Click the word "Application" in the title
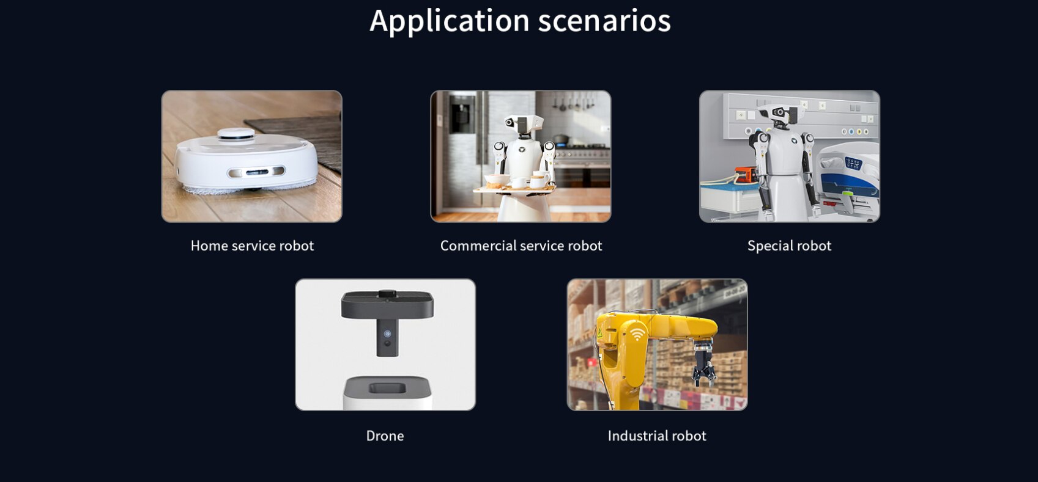click(x=450, y=21)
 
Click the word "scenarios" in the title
click(x=604, y=21)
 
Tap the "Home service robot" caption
click(x=252, y=246)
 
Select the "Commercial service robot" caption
click(x=521, y=246)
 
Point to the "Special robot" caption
click(x=789, y=246)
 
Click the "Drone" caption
click(x=385, y=436)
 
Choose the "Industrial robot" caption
click(x=657, y=436)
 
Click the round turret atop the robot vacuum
click(x=236, y=134)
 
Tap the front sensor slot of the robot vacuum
click(x=256, y=172)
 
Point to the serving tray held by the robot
click(x=514, y=188)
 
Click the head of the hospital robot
click(x=779, y=114)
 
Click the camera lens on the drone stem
click(x=387, y=334)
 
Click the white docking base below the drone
click(x=387, y=393)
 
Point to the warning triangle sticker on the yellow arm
click(x=599, y=333)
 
